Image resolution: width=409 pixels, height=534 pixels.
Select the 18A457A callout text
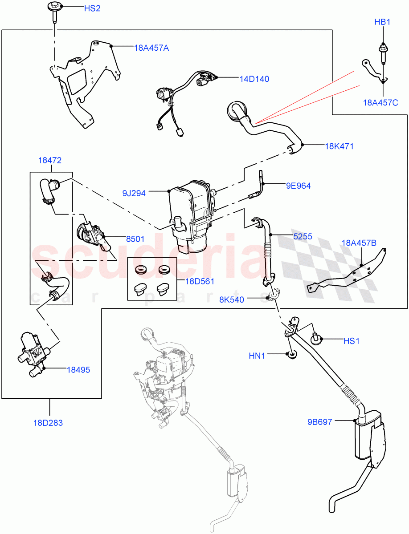click(151, 48)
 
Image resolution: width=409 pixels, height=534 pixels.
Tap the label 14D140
click(254, 79)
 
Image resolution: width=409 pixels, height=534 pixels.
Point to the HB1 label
click(382, 22)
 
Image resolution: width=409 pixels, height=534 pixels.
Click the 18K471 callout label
click(339, 146)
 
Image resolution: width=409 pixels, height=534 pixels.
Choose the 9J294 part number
click(135, 193)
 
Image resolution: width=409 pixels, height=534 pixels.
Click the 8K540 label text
click(231, 299)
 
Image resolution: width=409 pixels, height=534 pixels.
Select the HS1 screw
click(317, 340)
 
